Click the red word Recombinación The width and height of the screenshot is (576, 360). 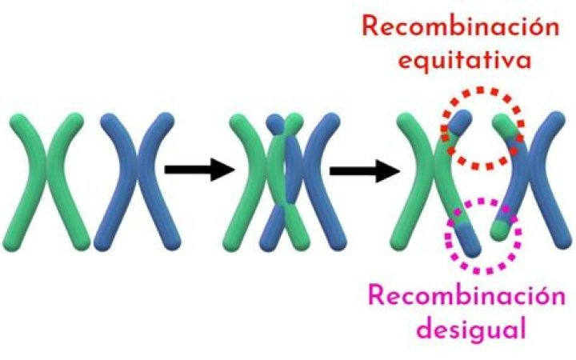(x=458, y=26)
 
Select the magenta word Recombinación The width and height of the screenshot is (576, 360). (x=461, y=298)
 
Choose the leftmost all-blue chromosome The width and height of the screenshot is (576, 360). (x=133, y=180)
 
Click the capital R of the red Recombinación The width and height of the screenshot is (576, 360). (x=371, y=26)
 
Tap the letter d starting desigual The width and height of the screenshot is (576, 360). (x=404, y=328)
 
